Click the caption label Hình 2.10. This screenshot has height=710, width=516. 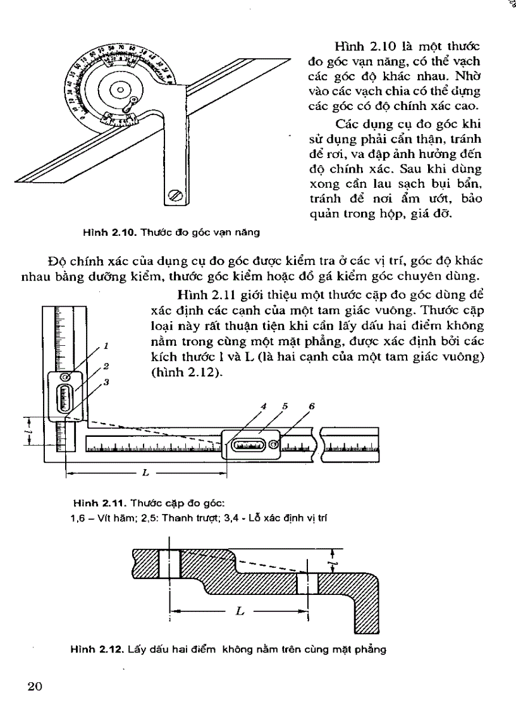click(102, 231)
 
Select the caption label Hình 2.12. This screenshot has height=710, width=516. click(96, 650)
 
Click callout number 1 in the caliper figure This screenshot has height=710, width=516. click(107, 346)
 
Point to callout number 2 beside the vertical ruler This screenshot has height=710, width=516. click(107, 366)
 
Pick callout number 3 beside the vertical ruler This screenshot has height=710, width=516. click(107, 382)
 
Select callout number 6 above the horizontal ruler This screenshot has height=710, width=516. click(311, 407)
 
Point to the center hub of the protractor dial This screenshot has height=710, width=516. click(119, 90)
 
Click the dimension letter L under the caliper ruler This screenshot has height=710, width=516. click(146, 473)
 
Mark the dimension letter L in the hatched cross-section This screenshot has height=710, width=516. click(239, 613)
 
